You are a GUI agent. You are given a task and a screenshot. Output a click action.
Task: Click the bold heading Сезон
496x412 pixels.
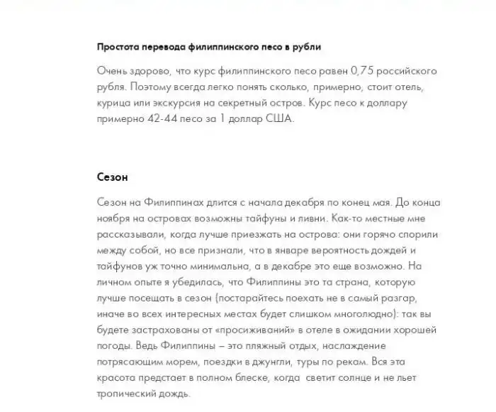coord(112,176)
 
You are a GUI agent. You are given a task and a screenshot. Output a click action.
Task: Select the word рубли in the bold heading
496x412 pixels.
coord(306,47)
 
